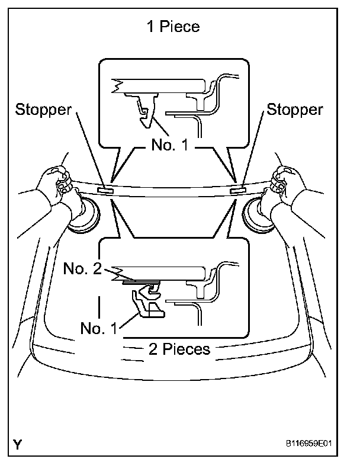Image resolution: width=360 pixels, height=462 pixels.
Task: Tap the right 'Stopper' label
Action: [295, 109]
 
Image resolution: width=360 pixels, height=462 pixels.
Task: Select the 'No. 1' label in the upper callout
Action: [172, 145]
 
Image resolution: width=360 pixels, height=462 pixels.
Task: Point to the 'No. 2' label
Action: [82, 270]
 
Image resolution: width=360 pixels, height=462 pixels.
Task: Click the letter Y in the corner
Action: [20, 442]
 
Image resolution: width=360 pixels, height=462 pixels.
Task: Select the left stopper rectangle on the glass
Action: [104, 190]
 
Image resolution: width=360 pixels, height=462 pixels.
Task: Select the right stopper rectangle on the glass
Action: [237, 190]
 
